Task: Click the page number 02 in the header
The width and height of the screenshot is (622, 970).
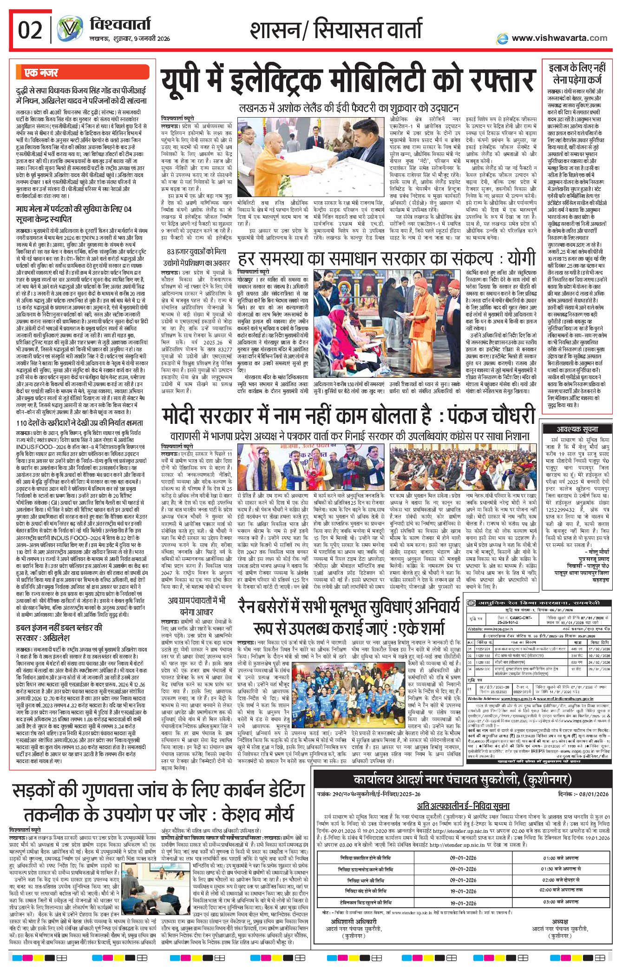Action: (x=30, y=31)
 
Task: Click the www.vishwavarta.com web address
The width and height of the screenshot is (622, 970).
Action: (x=559, y=38)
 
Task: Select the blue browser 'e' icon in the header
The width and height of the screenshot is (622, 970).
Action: (x=502, y=39)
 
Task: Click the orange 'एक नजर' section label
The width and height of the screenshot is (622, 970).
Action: (x=41, y=73)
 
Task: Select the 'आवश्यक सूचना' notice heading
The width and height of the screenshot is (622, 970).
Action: (x=577, y=429)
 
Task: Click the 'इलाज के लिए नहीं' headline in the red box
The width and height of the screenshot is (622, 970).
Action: (x=577, y=68)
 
